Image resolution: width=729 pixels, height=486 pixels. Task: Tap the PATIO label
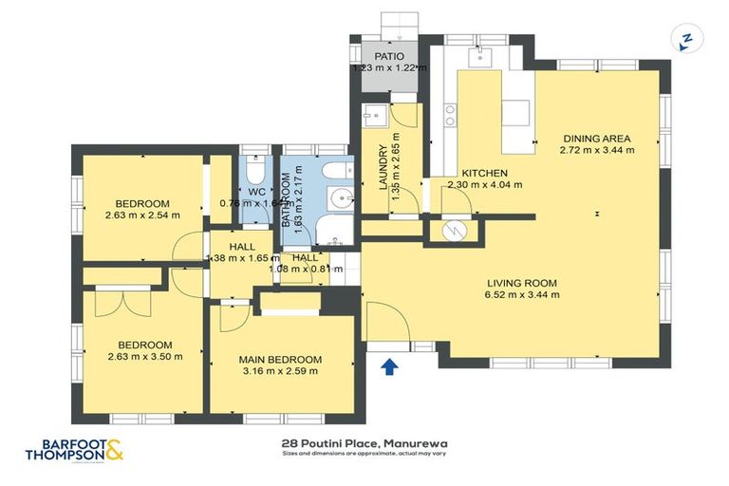[389, 57]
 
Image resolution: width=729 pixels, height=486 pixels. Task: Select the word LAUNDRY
[384, 167]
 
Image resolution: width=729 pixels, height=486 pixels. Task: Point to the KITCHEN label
[484, 173]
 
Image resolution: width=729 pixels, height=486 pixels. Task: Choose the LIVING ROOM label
[522, 283]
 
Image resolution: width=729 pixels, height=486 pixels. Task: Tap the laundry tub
[375, 117]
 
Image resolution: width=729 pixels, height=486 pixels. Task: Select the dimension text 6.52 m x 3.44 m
[522, 294]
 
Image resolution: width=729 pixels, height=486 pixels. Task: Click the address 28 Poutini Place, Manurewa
[364, 442]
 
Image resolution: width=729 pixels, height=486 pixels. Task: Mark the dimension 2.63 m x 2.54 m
[142, 215]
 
